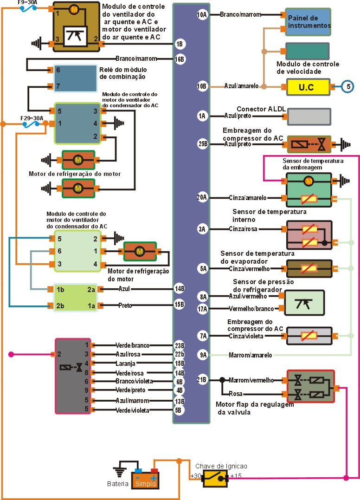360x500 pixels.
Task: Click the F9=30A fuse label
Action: coord(28,2)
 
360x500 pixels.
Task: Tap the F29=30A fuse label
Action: coord(32,118)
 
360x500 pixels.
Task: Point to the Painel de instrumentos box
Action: coord(308,21)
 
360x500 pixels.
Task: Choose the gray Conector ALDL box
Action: coord(309,117)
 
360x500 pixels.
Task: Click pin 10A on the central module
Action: coord(202,15)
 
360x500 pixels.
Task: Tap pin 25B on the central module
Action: coord(203,144)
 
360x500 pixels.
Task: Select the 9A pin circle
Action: coord(203,355)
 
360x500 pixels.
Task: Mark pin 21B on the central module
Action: coord(203,380)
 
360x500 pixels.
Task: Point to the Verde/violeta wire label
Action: coord(132,410)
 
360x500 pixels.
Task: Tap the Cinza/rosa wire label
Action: coord(243,229)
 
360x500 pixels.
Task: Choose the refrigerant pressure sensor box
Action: coord(304,302)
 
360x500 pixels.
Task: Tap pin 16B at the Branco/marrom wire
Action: coord(180,59)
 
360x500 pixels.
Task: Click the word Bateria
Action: coord(117,484)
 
